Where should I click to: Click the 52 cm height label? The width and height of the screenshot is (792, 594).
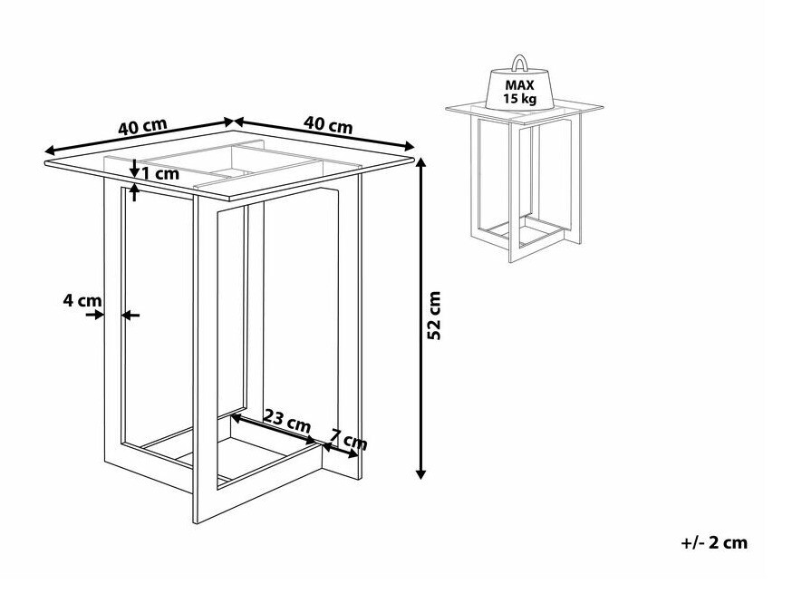click(434, 316)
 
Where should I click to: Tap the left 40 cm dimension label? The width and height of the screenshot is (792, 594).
click(142, 126)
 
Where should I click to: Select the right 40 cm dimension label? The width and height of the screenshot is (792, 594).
click(328, 124)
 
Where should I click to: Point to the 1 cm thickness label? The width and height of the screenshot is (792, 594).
click(159, 174)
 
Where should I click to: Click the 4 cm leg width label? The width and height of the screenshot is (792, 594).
click(82, 300)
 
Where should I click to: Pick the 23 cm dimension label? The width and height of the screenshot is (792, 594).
click(287, 421)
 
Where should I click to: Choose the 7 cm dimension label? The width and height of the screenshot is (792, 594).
click(349, 439)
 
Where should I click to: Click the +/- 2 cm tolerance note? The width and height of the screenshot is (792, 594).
click(714, 543)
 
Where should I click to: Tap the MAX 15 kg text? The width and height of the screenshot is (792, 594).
click(520, 92)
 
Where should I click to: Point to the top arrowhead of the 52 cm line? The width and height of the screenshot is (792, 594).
click(420, 163)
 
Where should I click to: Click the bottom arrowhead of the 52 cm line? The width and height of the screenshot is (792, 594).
click(420, 473)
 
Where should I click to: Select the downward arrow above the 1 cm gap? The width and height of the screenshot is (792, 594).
click(134, 169)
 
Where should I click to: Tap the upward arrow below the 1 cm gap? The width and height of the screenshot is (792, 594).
click(134, 192)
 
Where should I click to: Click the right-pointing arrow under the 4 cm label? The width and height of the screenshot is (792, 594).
click(94, 315)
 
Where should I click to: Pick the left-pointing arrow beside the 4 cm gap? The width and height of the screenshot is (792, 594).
click(130, 316)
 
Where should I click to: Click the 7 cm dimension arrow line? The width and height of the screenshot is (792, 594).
click(341, 452)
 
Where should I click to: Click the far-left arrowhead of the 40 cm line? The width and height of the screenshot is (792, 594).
click(48, 151)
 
